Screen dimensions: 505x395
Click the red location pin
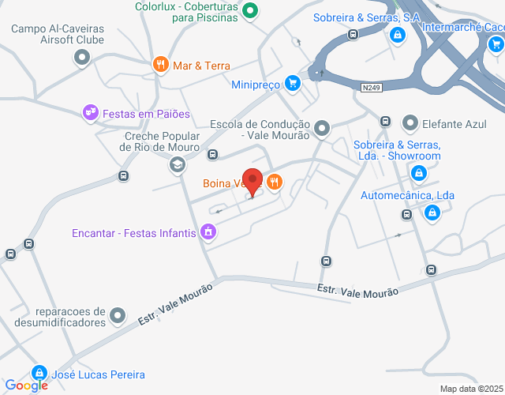252,182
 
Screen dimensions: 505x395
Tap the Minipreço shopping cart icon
293,82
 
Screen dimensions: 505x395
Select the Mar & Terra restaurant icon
160,65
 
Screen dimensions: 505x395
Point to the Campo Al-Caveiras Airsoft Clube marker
82,57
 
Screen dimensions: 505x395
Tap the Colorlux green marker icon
250,11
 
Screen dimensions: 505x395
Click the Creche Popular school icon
177,165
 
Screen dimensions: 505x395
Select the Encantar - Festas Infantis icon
208,232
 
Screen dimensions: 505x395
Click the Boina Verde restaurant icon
275,182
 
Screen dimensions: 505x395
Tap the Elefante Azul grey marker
410,122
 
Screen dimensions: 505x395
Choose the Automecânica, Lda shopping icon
432,213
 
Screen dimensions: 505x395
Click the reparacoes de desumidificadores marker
118,316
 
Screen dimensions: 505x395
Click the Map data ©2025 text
470,388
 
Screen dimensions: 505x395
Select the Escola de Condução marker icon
321,128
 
